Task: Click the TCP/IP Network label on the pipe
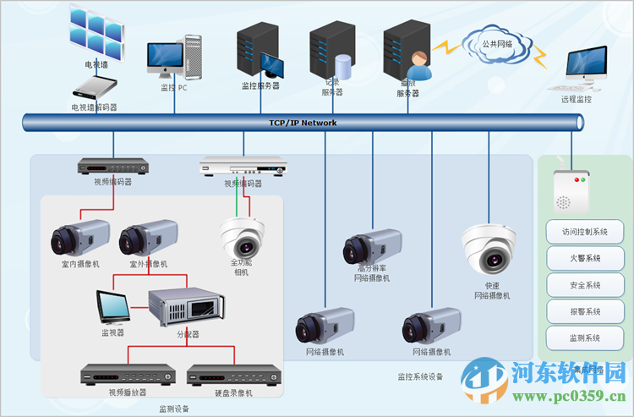coord(303,123)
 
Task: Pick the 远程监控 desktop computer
coord(585,68)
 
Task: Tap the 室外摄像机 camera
coord(147,237)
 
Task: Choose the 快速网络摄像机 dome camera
coord(489,248)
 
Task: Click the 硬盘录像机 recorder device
coord(232,373)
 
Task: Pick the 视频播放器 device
coord(127,373)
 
